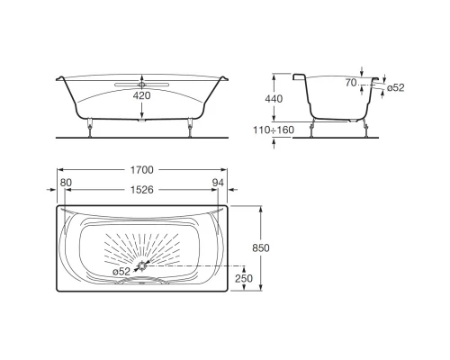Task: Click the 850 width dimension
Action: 261,247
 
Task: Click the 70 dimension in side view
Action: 351,82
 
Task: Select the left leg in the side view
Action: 312,128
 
